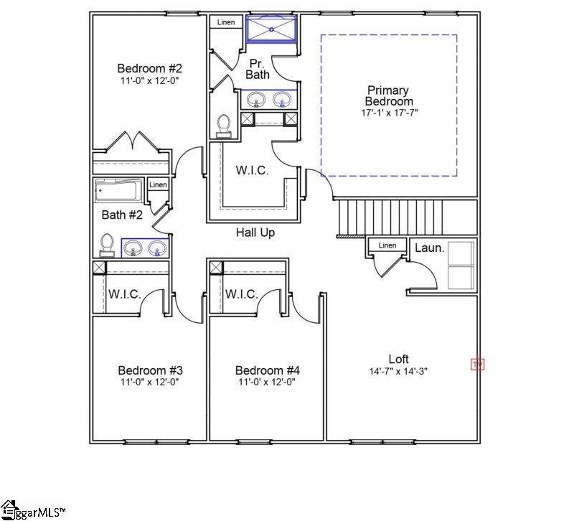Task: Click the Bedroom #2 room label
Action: pyautogui.click(x=149, y=69)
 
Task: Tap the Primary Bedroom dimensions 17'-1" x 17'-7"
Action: pyautogui.click(x=388, y=113)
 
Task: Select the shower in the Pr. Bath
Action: pyautogui.click(x=271, y=30)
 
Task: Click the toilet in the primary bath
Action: pyautogui.click(x=224, y=126)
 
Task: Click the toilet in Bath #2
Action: pyautogui.click(x=108, y=245)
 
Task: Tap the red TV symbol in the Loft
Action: pyautogui.click(x=477, y=365)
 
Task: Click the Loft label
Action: pyautogui.click(x=398, y=359)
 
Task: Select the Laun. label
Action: pyautogui.click(x=430, y=248)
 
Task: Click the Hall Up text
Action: pyautogui.click(x=255, y=233)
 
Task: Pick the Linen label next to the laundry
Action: pyautogui.click(x=387, y=245)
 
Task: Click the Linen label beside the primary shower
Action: pyautogui.click(x=226, y=22)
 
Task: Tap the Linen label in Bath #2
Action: pyautogui.click(x=158, y=185)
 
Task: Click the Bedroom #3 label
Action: pyautogui.click(x=149, y=370)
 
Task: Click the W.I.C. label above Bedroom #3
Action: pyautogui.click(x=124, y=294)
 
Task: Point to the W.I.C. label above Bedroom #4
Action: pyautogui.click(x=241, y=294)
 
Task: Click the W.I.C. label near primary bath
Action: pyautogui.click(x=253, y=171)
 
